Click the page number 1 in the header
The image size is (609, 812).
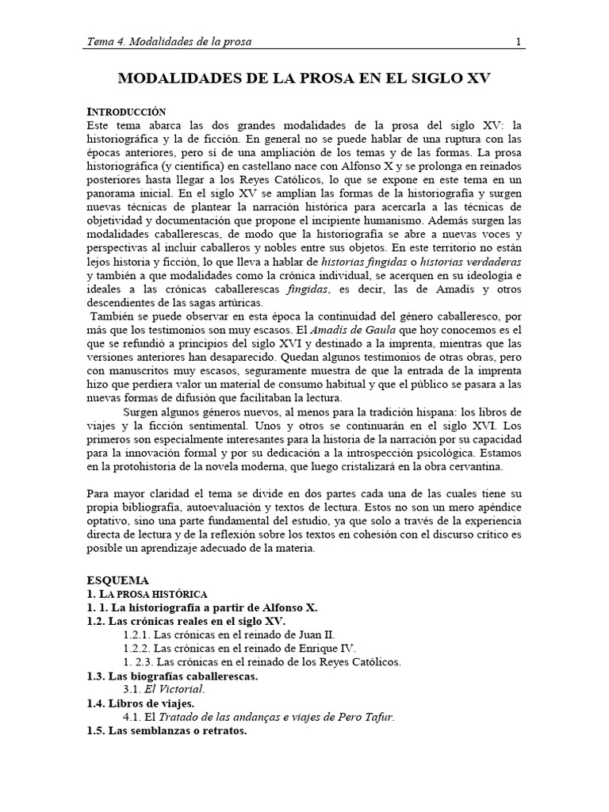(518, 42)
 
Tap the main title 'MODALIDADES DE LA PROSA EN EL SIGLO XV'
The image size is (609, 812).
(304, 79)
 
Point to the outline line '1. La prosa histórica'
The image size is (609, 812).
(147, 593)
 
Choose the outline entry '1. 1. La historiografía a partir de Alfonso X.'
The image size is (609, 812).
(201, 607)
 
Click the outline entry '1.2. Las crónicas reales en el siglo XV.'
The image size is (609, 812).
(186, 621)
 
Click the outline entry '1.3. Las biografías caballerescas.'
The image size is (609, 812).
(172, 676)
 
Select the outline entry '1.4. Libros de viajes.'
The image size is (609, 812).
(140, 703)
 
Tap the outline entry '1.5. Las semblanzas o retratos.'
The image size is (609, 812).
(167, 730)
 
